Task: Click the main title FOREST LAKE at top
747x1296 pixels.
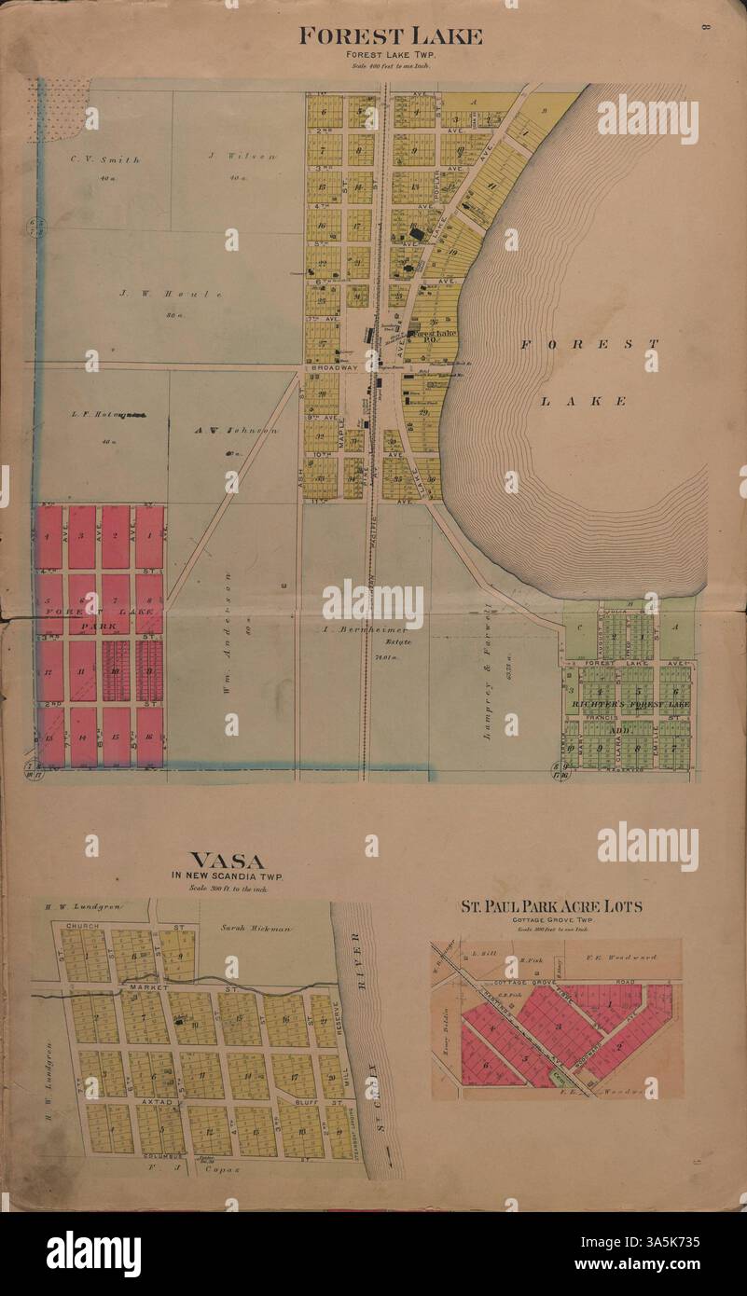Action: pos(390,37)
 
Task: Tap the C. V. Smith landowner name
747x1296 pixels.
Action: pos(105,159)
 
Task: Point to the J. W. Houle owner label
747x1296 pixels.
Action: pos(171,294)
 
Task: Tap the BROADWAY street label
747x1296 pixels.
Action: pos(333,368)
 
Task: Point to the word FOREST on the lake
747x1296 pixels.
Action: pos(588,344)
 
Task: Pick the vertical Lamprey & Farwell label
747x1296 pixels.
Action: pos(486,674)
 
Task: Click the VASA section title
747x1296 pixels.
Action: pos(227,861)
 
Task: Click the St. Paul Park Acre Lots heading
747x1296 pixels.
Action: pos(550,906)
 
